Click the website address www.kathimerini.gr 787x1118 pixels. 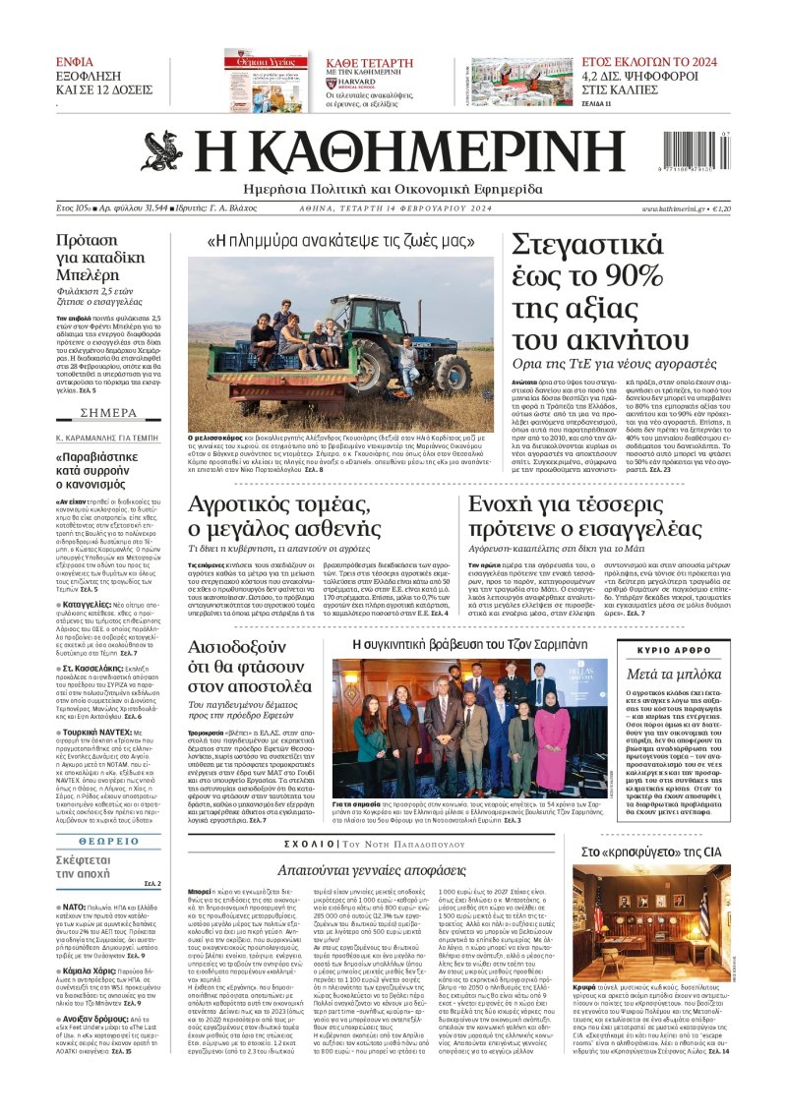673,209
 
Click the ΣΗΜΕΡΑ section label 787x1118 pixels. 108,384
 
